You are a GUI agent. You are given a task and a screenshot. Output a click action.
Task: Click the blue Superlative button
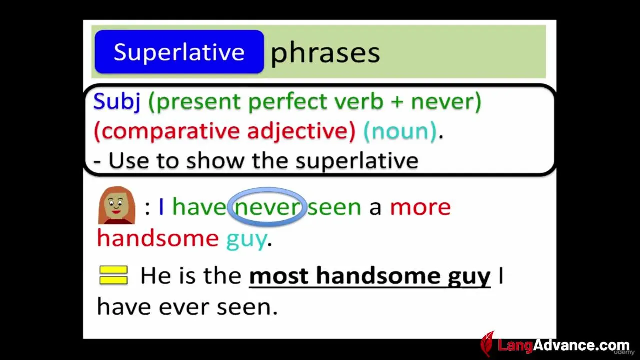[x=179, y=52]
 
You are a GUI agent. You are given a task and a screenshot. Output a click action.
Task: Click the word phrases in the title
[x=325, y=53]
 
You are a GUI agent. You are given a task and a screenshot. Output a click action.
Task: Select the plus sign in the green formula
[x=397, y=102]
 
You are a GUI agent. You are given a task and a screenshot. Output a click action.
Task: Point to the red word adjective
[x=301, y=131]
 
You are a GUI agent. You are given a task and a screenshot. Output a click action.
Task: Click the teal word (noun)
[x=400, y=131]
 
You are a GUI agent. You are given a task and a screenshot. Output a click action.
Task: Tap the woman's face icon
[x=117, y=205]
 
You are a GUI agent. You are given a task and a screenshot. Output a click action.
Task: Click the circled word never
[x=267, y=207]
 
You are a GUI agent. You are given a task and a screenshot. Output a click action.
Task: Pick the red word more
[x=420, y=207]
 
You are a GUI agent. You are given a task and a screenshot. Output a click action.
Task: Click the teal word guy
[x=247, y=240]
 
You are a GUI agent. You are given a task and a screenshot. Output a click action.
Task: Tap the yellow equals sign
[x=113, y=275]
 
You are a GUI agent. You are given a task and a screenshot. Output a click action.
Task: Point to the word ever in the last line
[x=183, y=307]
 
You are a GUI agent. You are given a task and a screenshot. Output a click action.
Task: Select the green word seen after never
[x=334, y=207]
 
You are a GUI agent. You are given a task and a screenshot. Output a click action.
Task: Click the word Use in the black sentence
[x=129, y=161]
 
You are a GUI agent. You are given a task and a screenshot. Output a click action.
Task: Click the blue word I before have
[x=161, y=207]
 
